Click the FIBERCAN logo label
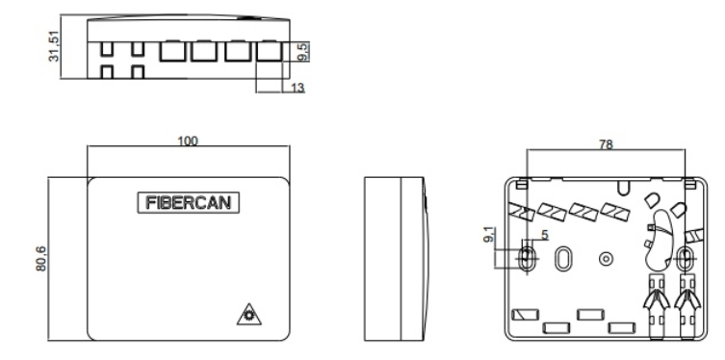tap(188, 202)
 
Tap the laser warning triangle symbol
tap(248, 315)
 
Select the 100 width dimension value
tap(188, 141)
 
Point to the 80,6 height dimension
tap(41, 259)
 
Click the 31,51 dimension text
tap(54, 46)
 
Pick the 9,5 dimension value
tap(303, 52)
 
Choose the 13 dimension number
tap(298, 88)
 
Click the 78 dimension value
tap(606, 144)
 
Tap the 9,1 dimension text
tap(489, 235)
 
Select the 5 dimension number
tap(544, 235)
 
